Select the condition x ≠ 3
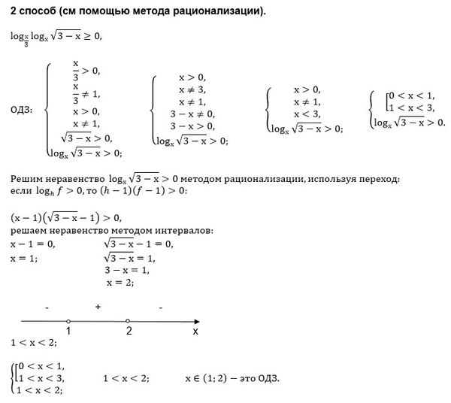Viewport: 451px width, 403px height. [x=191, y=89]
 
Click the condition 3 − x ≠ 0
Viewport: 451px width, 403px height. [x=191, y=114]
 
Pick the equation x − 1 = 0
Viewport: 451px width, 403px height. [x=32, y=244]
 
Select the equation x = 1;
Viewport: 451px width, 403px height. [x=23, y=257]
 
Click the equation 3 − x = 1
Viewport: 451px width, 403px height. [x=127, y=270]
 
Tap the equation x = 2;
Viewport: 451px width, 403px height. [x=120, y=283]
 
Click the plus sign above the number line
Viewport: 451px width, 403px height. [x=98, y=308]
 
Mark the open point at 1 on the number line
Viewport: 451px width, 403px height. [x=68, y=320]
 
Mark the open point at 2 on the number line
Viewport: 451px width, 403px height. [x=128, y=320]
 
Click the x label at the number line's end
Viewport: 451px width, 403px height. [x=195, y=330]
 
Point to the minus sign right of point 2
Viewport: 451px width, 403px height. [x=161, y=308]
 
